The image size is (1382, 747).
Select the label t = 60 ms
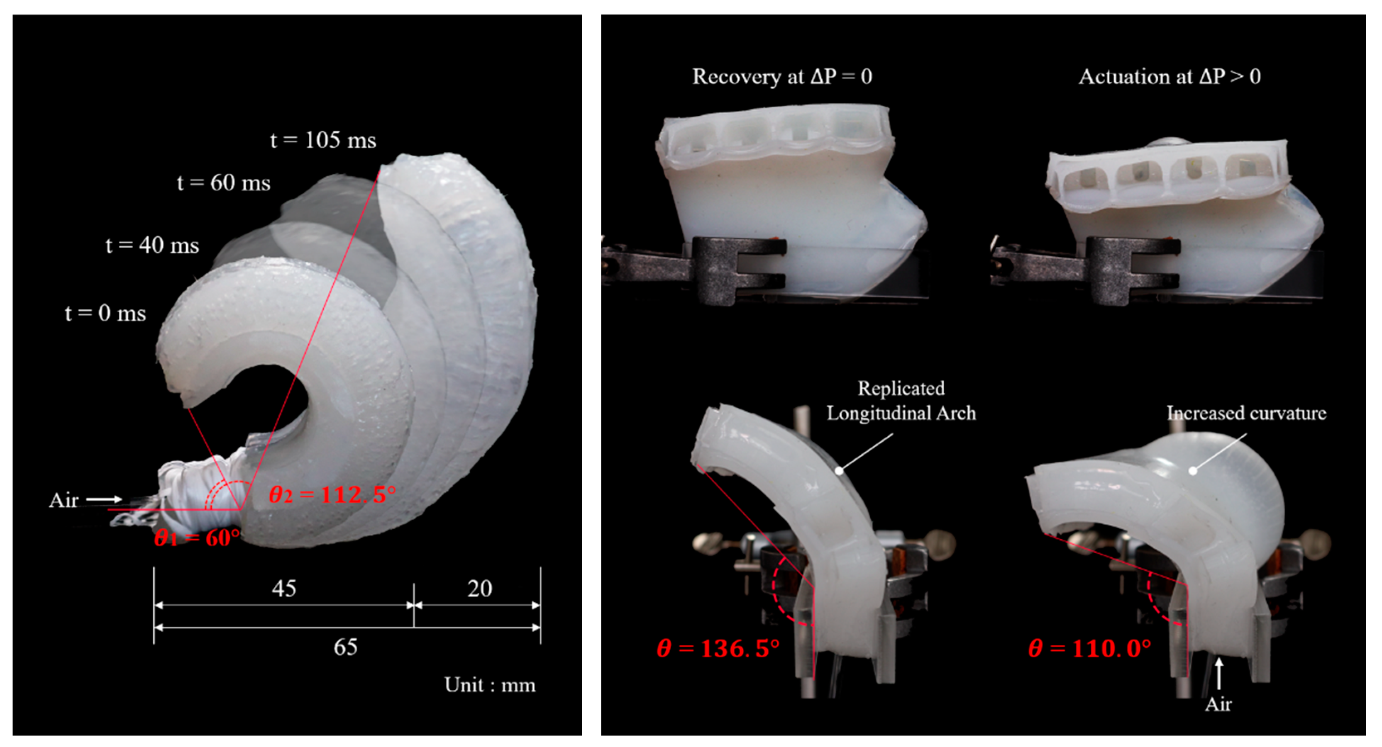click(224, 183)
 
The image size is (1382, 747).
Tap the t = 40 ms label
click(152, 245)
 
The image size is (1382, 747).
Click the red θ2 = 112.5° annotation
click(332, 494)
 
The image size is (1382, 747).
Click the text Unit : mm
click(490, 685)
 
